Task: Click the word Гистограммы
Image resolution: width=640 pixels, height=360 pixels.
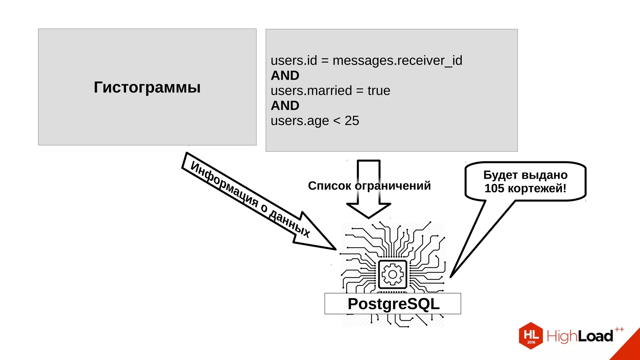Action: [147, 87]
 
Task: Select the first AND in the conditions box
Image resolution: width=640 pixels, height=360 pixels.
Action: [285, 76]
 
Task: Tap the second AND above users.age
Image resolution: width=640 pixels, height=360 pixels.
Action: [285, 106]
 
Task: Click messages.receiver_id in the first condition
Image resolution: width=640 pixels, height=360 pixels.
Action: [397, 61]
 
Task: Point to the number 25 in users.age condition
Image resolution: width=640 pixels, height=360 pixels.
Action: [352, 121]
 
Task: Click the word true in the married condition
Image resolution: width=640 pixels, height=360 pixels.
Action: [379, 91]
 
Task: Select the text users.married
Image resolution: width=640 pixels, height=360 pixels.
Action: [311, 91]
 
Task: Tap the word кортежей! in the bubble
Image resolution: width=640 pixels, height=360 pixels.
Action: [537, 188]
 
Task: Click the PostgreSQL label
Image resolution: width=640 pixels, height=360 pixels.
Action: [393, 304]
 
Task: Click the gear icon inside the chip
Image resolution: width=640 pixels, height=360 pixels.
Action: [392, 274]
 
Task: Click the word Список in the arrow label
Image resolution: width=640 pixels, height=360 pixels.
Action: [329, 186]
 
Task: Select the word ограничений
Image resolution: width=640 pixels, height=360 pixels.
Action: [393, 186]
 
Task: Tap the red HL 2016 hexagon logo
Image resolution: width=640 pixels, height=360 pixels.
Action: [531, 336]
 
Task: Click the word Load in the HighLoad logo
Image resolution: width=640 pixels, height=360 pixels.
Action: [595, 336]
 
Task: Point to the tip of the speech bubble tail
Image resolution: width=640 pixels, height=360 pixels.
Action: [451, 277]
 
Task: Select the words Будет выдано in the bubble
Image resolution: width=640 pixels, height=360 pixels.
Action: [525, 175]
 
